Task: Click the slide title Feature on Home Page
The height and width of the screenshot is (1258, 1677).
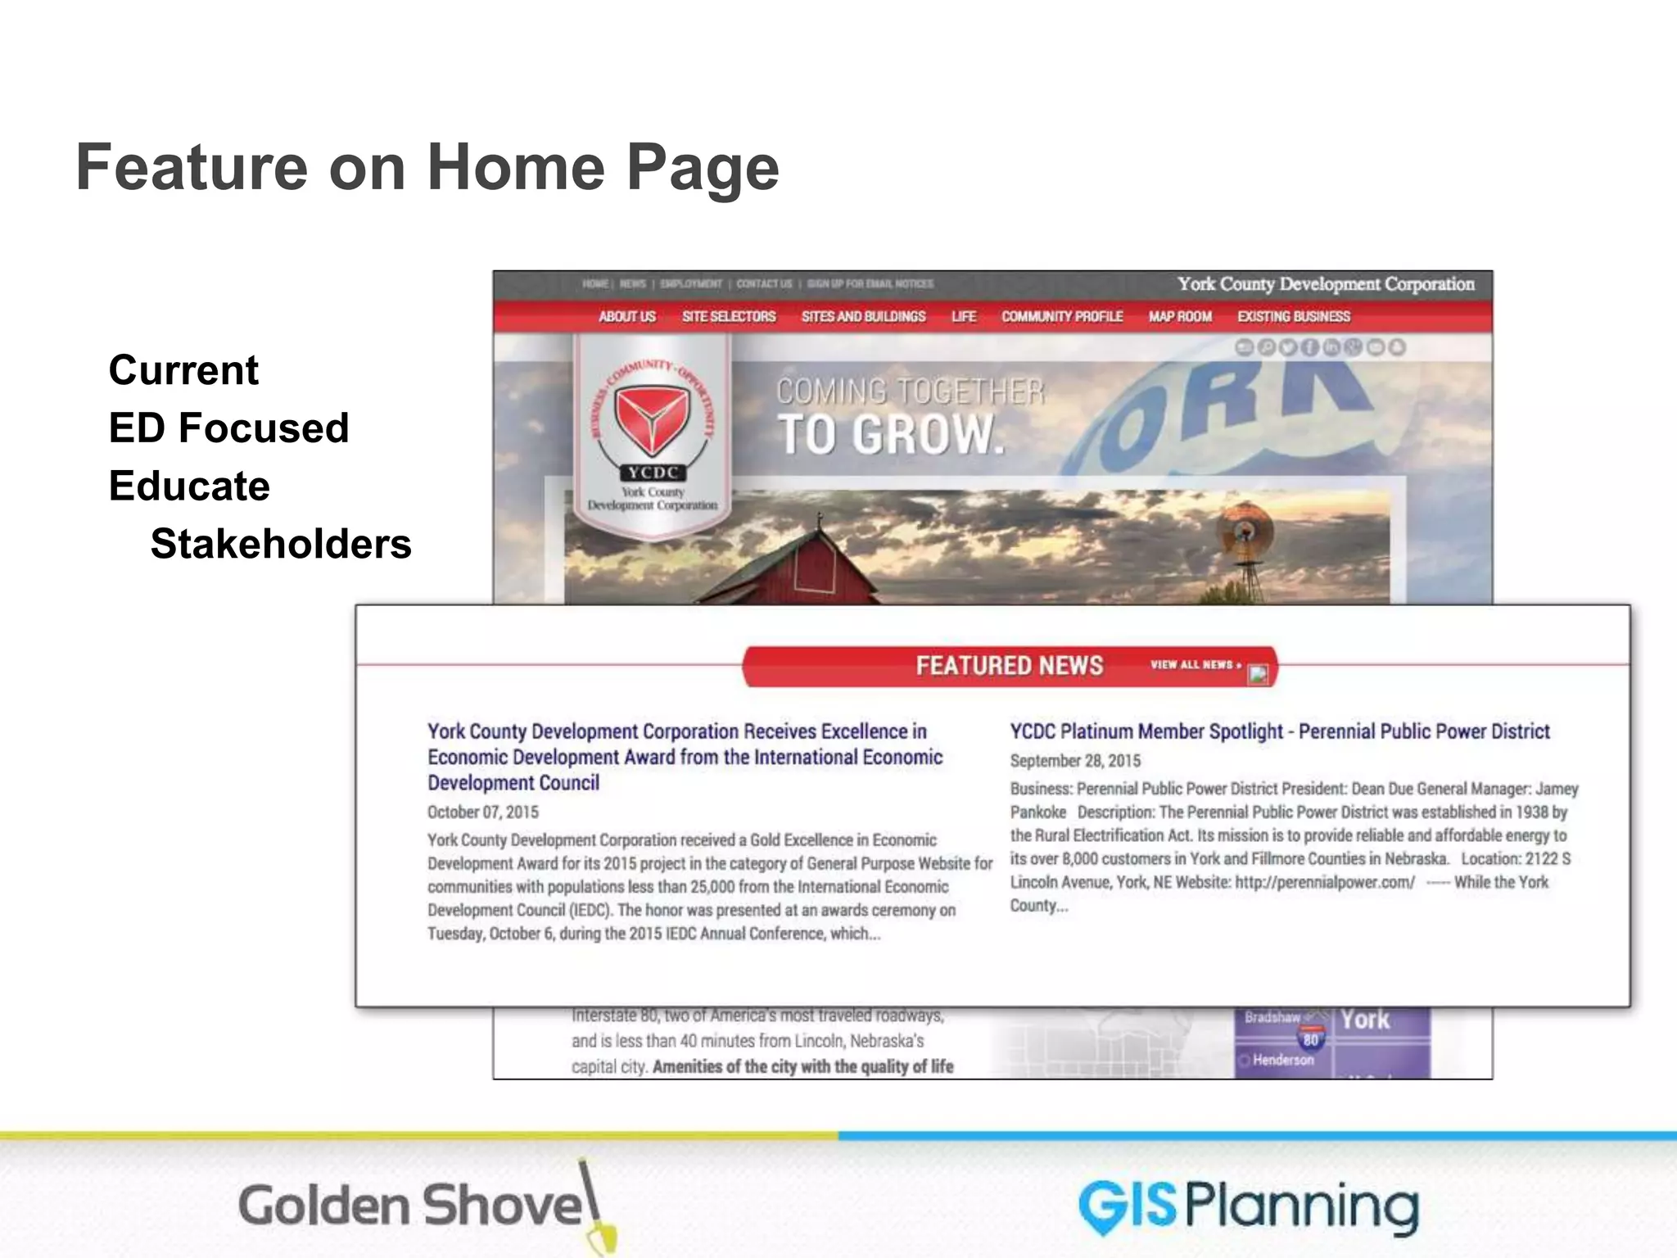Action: (x=427, y=167)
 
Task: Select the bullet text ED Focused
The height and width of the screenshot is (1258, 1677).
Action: (x=228, y=428)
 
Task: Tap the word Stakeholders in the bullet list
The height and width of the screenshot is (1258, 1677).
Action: (x=281, y=544)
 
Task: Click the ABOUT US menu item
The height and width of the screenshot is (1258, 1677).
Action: (x=627, y=316)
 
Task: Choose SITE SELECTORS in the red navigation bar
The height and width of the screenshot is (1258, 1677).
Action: (x=729, y=316)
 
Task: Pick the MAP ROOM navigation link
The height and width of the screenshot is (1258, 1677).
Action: (x=1180, y=316)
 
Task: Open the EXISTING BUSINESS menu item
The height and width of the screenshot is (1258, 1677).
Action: (x=1294, y=316)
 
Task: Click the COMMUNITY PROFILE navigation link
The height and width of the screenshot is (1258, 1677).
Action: (x=1062, y=316)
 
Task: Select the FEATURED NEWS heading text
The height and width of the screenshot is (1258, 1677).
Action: (x=1009, y=666)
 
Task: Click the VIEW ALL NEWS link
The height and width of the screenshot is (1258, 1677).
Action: (x=1196, y=664)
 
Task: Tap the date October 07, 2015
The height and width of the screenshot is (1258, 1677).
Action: (x=483, y=812)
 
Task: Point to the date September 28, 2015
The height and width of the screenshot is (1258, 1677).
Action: (x=1075, y=761)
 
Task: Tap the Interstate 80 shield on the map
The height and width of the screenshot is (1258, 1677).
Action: (x=1311, y=1039)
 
